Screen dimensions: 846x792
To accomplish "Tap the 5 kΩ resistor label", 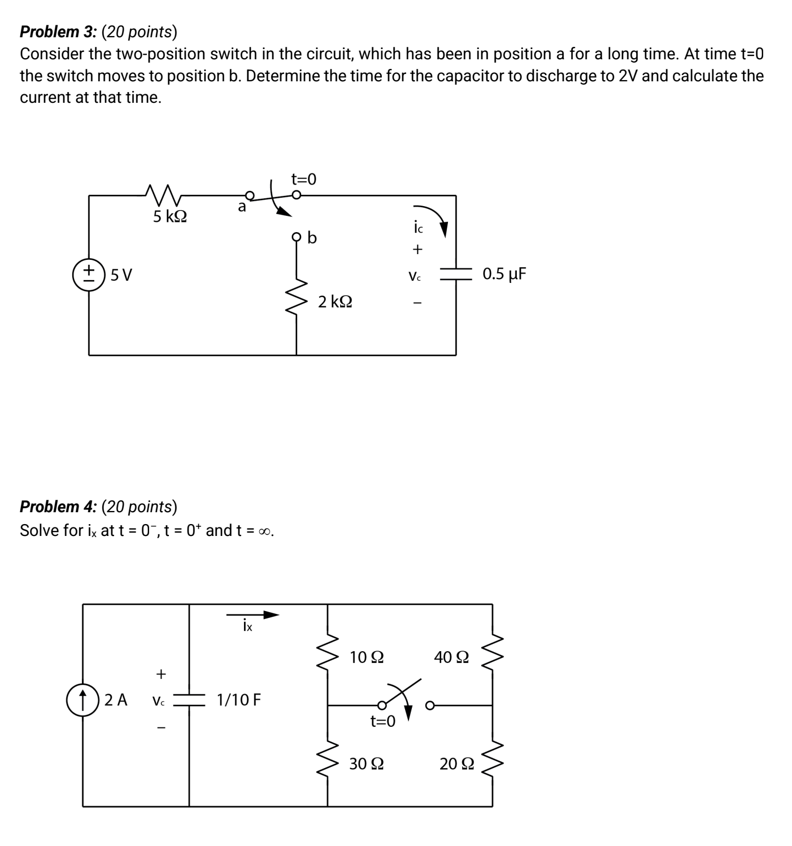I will [170, 216].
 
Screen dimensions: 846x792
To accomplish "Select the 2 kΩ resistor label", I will [335, 302].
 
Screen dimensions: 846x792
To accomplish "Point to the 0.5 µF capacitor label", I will [504, 274].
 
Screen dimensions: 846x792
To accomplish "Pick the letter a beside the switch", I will [242, 207].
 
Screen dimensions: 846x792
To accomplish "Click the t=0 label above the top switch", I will [304, 179].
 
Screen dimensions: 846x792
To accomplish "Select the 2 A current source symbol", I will [83, 700].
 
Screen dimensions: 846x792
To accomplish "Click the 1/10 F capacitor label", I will [239, 700].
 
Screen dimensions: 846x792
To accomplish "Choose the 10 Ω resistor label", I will [367, 657].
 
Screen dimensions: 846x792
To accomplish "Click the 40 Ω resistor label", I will [451, 657].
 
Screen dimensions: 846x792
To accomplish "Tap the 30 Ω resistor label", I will [367, 764].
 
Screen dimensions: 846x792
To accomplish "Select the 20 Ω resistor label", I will [457, 764].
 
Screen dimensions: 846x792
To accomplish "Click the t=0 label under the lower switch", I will [382, 721].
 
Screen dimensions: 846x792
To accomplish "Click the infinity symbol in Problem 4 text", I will [265, 531].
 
